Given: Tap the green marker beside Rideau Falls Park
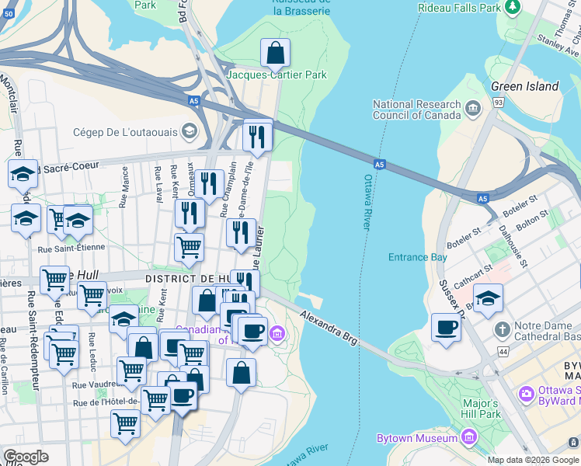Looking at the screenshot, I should [513, 8].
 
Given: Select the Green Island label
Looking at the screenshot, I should [524, 86].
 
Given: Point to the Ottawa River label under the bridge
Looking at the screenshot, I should [368, 202].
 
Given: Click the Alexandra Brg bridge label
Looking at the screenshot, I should [330, 325].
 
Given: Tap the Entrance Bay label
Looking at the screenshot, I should [418, 257].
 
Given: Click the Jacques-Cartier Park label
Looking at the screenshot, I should [277, 75].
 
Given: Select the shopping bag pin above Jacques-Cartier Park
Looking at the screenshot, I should [275, 54].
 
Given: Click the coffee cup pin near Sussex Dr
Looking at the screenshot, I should [446, 328].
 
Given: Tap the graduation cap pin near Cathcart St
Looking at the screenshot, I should [488, 298].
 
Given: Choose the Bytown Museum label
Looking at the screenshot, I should [416, 439].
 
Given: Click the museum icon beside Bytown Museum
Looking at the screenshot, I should [468, 439].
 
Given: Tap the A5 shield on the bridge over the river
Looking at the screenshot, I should [379, 165].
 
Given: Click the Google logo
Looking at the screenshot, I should [26, 457].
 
